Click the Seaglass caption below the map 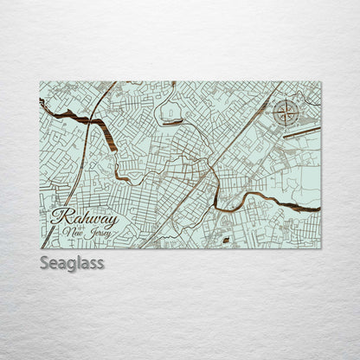[x=72, y=262]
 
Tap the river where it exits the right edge [x=317, y=209]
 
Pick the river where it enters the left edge [x=42, y=103]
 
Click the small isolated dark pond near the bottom [x=226, y=239]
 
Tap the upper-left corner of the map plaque [x=40, y=82]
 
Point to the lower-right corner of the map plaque [x=321, y=248]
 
